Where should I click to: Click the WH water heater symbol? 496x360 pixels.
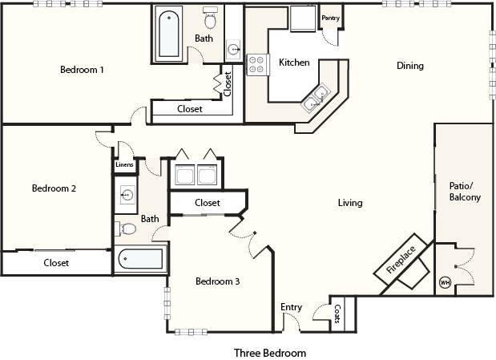(445, 282)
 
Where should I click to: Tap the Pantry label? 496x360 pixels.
(331, 18)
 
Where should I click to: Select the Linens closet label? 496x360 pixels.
(124, 164)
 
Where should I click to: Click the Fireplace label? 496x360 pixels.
(401, 260)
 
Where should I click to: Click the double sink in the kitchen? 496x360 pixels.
(316, 98)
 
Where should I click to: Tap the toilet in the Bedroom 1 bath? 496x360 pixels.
(210, 18)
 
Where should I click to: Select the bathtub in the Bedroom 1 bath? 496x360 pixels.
(168, 34)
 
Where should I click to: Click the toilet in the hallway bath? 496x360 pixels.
(125, 229)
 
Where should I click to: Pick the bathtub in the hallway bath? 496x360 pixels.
(140, 259)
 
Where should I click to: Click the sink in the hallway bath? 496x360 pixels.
(127, 195)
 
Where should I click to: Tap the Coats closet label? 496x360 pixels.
(337, 313)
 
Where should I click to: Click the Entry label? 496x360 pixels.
(292, 307)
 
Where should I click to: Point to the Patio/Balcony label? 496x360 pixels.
(465, 192)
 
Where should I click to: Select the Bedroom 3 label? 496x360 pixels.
(218, 281)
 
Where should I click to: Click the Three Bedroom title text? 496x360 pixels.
(270, 353)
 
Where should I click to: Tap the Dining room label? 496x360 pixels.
(410, 66)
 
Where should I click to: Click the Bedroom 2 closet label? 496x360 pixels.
(56, 263)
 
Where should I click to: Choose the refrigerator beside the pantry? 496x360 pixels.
(303, 18)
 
